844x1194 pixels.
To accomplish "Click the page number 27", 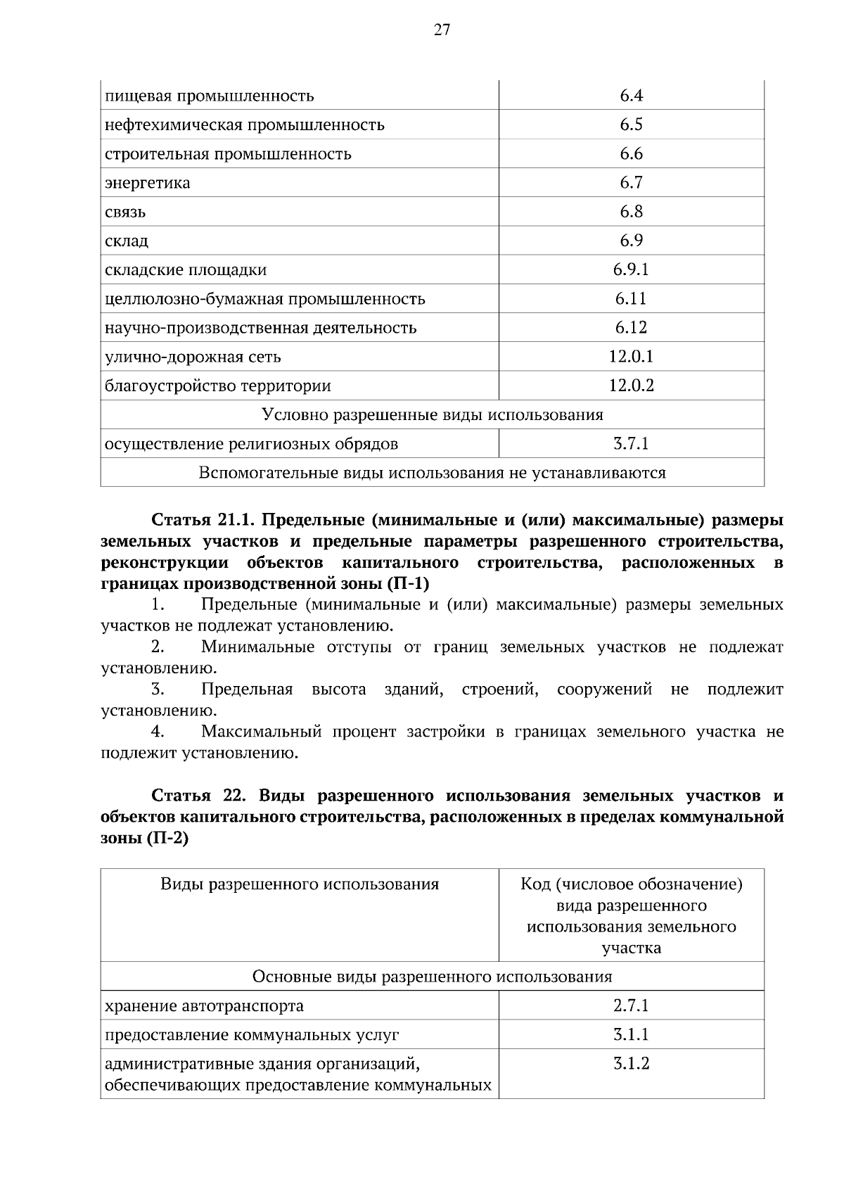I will tap(441, 30).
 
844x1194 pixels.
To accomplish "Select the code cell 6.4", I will tap(631, 96).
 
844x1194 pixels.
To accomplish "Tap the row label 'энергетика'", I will tap(147, 183).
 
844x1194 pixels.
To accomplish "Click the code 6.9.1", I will tap(631, 269).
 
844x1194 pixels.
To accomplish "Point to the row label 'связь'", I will tap(125, 212).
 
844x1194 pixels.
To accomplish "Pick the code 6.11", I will tap(631, 298).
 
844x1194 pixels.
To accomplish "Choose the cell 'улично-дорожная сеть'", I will tap(193, 357).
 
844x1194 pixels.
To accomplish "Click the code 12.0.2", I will tap(631, 386).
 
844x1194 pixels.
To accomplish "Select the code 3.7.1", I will tap(631, 444).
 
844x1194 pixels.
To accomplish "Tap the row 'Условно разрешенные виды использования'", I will tap(432, 414).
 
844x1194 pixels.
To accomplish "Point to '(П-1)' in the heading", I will tap(408, 583).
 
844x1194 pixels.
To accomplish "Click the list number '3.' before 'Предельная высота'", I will tap(158, 689).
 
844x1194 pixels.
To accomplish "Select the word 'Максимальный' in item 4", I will tap(261, 732).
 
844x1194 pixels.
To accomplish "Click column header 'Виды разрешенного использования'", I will tap(300, 884).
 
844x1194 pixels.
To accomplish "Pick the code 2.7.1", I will tap(631, 1005).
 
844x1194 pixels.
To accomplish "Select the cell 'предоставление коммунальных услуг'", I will tap(252, 1035).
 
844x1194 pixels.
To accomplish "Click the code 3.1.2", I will tap(631, 1064).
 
